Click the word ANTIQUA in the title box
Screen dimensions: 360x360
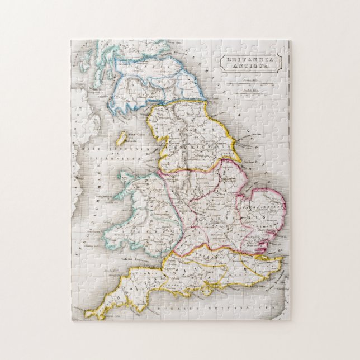pyautogui.click(x=249, y=66)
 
